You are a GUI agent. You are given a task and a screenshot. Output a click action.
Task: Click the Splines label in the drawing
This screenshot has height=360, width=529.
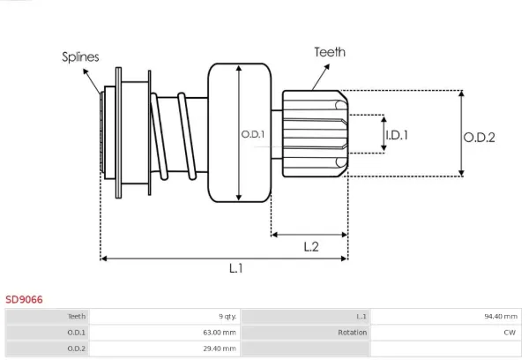click(x=80, y=56)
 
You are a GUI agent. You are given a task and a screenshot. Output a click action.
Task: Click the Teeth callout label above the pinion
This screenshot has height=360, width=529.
click(x=330, y=52)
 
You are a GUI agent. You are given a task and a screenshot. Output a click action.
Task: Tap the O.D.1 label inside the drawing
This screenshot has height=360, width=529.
click(x=253, y=134)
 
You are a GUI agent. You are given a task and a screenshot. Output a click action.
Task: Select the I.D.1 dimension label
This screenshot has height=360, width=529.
click(x=397, y=135)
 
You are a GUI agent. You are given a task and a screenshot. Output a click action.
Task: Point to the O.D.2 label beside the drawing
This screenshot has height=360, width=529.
click(x=479, y=138)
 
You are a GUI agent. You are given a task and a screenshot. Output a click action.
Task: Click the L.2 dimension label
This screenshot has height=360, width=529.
click(x=311, y=247)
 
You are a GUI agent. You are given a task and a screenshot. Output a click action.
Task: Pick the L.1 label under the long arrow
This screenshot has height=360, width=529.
click(x=235, y=268)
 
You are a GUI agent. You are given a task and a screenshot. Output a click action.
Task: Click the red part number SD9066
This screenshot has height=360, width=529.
click(x=24, y=299)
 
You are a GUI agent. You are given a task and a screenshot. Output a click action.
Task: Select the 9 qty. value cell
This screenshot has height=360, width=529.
click(x=227, y=317)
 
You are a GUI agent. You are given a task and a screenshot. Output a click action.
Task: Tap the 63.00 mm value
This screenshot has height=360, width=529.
click(x=220, y=333)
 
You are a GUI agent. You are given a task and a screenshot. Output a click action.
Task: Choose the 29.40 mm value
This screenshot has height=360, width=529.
click(x=220, y=349)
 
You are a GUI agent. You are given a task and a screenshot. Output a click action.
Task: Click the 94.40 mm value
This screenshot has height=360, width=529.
click(x=501, y=317)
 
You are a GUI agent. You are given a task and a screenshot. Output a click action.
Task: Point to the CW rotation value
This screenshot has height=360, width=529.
click(x=510, y=333)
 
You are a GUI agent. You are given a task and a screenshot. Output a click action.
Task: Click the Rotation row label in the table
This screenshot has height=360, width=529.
click(x=352, y=333)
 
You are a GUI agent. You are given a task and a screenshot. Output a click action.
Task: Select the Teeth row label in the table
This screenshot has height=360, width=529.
click(x=77, y=317)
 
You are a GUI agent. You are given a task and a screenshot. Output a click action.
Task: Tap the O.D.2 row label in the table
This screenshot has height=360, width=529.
click(x=76, y=349)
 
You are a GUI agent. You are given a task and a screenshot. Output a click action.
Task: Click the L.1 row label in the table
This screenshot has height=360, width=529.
click(x=361, y=317)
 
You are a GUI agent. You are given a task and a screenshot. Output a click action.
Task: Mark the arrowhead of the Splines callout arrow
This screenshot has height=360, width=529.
click(x=85, y=71)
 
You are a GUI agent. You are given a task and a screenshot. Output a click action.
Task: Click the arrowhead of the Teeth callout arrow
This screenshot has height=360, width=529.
click(x=328, y=65)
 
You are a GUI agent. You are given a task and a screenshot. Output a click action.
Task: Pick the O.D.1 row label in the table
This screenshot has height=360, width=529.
click(x=76, y=333)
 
